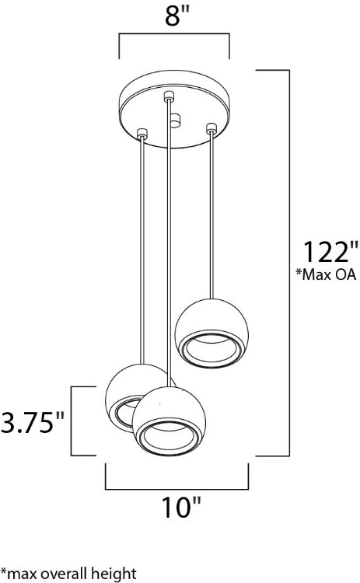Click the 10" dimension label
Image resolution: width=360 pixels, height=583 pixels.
[180, 510]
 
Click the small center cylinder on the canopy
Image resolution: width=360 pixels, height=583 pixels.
[176, 121]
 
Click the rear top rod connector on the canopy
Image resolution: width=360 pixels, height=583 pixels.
[168, 97]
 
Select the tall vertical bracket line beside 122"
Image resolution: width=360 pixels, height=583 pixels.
[289, 260]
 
